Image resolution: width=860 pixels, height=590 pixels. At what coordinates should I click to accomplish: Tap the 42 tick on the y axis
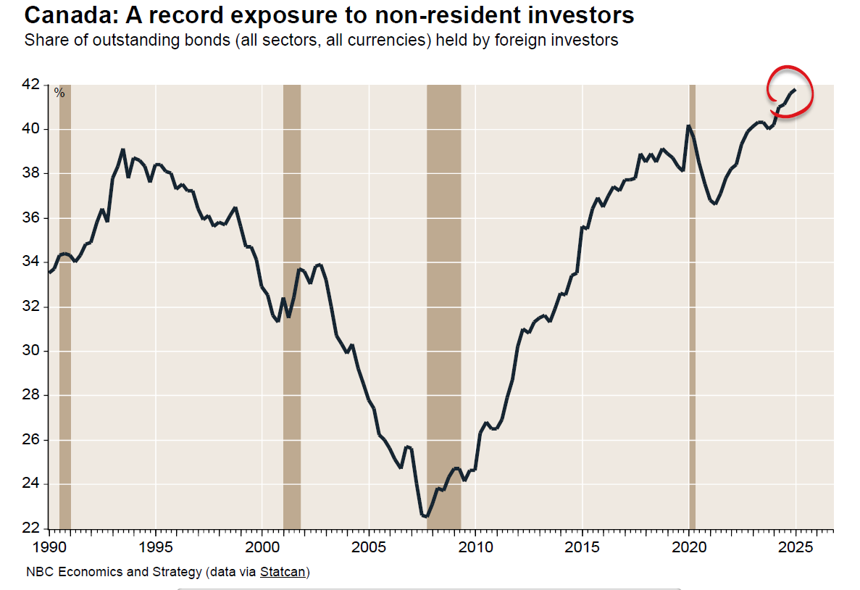(30, 85)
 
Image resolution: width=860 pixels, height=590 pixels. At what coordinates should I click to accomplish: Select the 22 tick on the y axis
(30, 529)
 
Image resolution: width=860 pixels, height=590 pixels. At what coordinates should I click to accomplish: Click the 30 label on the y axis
(30, 351)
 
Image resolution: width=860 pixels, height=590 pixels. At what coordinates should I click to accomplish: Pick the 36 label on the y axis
(30, 218)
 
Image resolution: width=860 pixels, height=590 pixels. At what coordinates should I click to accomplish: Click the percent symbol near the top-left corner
(59, 93)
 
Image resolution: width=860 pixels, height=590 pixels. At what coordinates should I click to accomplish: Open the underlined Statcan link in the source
(283, 573)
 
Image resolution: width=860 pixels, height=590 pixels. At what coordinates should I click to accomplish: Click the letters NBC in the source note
(38, 573)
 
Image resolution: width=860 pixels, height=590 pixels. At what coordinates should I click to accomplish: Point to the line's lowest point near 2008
(425, 516)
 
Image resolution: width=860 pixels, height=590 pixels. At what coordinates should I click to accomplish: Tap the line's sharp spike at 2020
(689, 126)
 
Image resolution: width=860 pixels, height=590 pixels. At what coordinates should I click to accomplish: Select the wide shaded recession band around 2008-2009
(443, 304)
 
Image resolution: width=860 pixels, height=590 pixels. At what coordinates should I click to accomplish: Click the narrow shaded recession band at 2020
(692, 304)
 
